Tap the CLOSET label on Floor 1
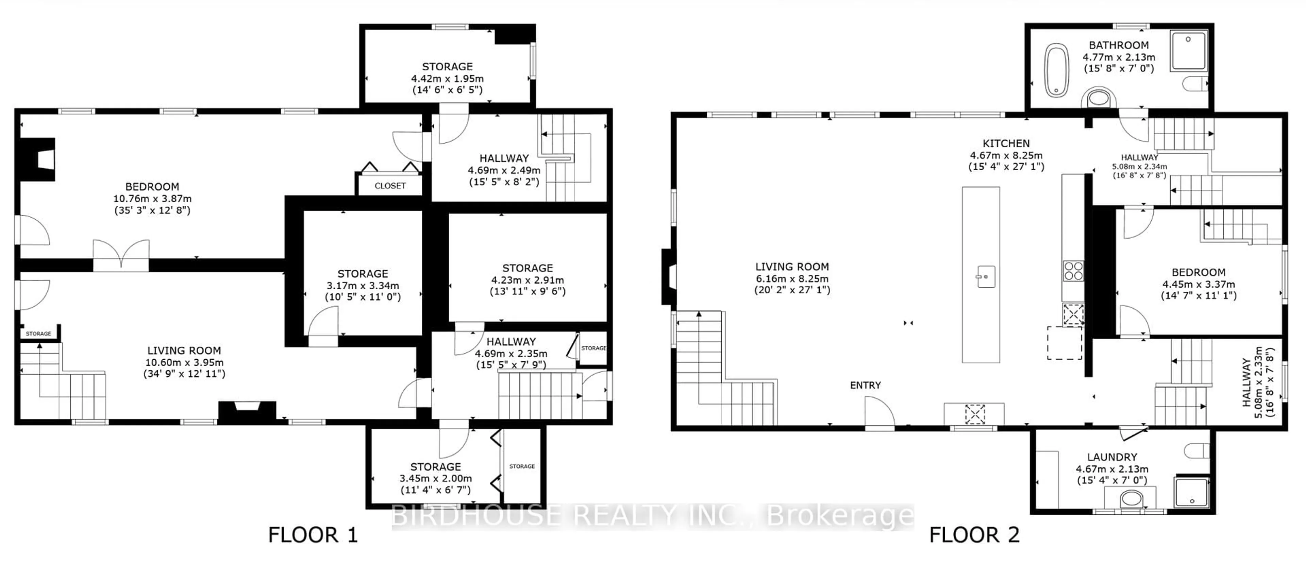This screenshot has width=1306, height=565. click(x=390, y=186)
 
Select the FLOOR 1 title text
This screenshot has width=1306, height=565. click(x=313, y=535)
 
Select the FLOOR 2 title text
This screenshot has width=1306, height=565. click(x=974, y=535)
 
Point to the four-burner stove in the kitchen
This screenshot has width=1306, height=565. click(x=1073, y=271)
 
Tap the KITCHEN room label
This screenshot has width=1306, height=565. click(x=1006, y=143)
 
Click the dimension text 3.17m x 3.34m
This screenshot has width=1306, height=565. click(x=363, y=286)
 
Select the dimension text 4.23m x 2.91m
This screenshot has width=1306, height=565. click(x=527, y=280)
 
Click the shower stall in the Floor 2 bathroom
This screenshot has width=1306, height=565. click(x=1188, y=51)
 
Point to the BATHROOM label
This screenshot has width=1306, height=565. click(x=1118, y=45)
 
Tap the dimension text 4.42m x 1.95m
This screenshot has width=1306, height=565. click(x=447, y=79)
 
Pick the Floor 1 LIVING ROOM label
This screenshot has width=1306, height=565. click(x=184, y=350)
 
